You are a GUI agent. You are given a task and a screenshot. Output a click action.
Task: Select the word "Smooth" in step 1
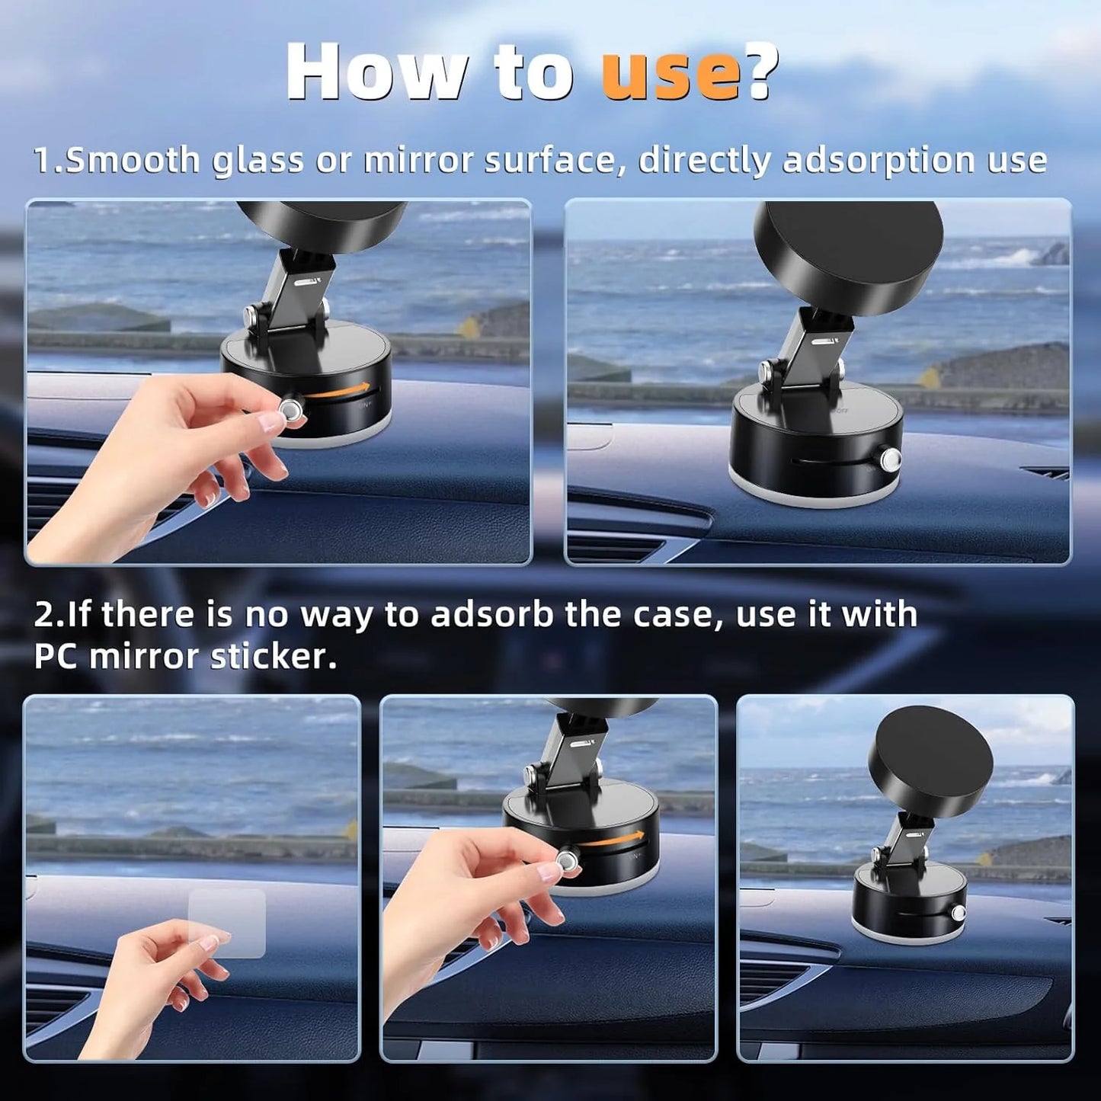pos(133,161)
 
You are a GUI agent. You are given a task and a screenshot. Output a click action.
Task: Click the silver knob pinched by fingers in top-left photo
pos(291,411)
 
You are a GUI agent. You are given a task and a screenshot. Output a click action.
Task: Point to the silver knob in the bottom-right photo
pos(959,913)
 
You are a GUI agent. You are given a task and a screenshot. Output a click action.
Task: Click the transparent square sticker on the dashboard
pos(227,923)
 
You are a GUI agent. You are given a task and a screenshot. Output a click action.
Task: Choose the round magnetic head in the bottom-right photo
pos(931,761)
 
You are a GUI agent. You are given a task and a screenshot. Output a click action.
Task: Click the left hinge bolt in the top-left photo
pos(249,315)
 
